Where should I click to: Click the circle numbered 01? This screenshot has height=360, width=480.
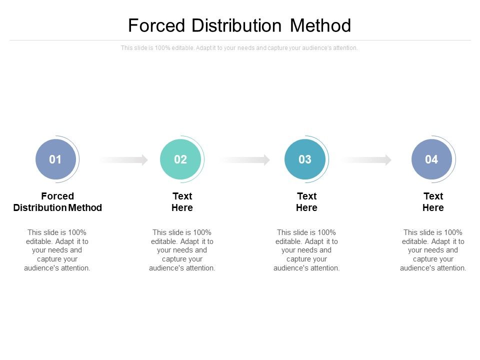[55, 159]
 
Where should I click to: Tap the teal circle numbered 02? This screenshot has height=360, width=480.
[180, 159]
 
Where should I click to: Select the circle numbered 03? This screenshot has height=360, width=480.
[305, 159]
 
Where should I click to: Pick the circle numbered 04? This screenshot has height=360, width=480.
[431, 159]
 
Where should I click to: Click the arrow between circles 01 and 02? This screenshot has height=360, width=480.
[124, 160]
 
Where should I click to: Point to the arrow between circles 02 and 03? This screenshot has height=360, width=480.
[245, 160]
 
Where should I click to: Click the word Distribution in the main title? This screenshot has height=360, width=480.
[238, 25]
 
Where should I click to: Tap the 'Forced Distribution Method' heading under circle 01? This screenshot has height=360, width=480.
[57, 202]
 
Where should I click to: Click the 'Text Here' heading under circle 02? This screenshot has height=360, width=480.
[182, 202]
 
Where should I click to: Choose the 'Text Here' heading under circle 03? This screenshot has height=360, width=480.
[306, 202]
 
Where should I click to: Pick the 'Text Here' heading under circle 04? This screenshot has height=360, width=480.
[433, 202]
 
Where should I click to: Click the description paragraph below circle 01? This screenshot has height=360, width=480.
[57, 250]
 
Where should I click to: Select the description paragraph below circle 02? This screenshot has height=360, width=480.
[182, 250]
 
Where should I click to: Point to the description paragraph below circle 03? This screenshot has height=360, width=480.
[306, 250]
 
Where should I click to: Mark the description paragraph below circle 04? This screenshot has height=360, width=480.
[433, 250]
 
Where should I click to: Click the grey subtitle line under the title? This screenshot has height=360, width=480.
[239, 48]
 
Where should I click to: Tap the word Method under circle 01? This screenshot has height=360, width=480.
[85, 207]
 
